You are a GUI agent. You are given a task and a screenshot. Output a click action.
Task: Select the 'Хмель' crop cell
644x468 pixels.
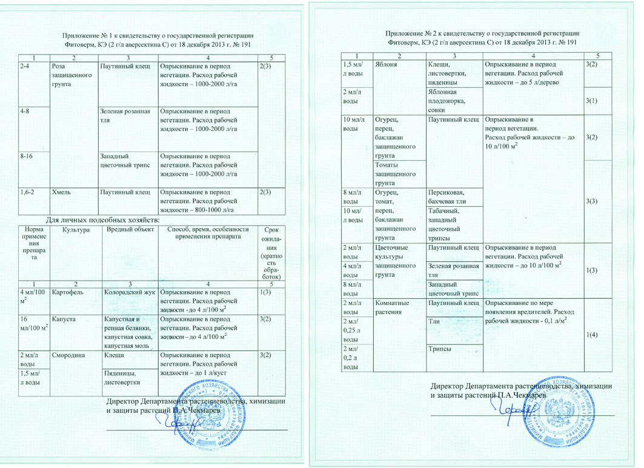tap(63, 193)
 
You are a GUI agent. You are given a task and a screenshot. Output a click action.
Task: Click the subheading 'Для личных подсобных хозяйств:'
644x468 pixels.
tap(102, 219)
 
